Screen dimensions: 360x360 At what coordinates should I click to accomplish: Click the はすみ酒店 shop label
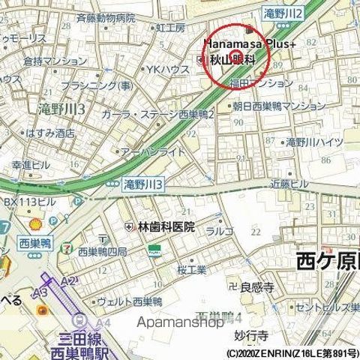49,133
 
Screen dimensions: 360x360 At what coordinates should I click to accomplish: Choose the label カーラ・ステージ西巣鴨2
165,115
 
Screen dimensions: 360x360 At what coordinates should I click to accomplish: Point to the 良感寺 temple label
254,286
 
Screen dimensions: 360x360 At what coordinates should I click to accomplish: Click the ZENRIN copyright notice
292,352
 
